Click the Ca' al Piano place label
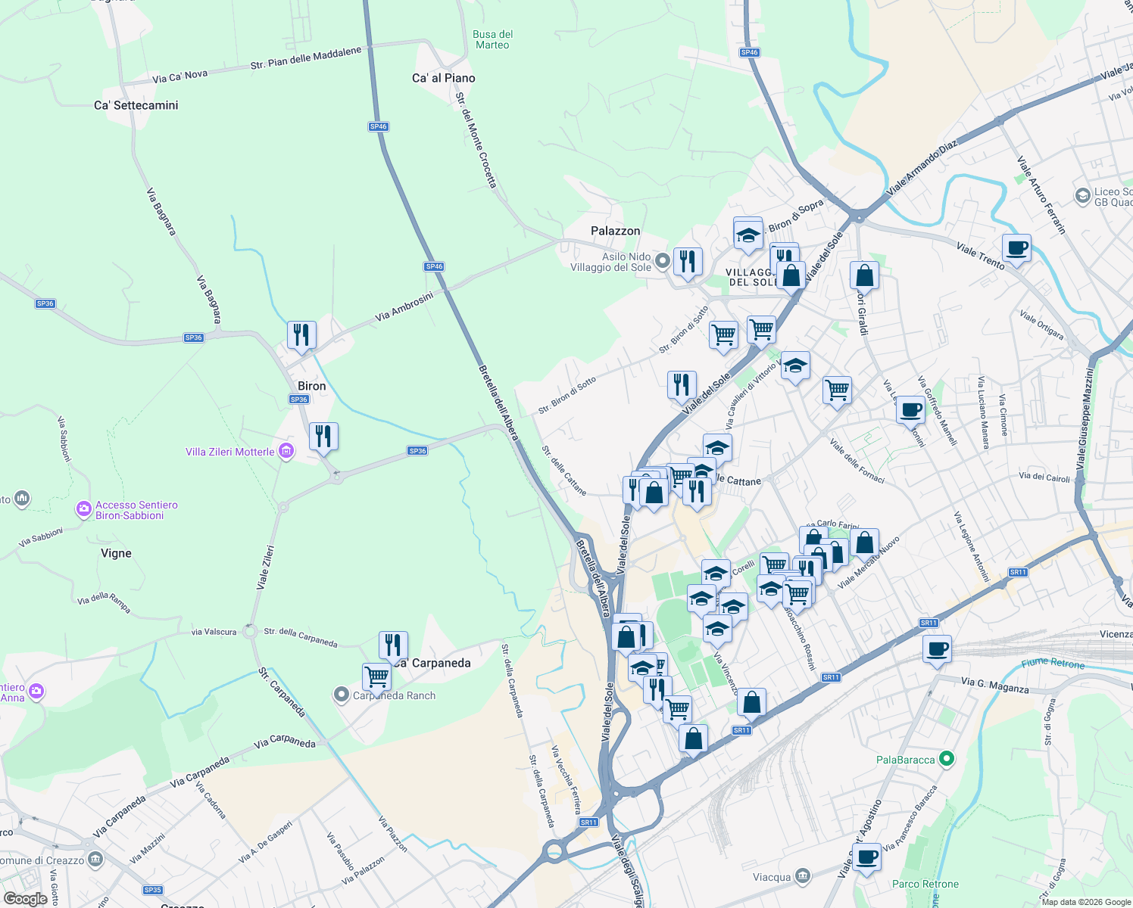444,78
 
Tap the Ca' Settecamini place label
136,105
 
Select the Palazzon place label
615,231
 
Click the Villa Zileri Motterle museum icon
286,452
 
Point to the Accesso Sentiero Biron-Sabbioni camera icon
83,509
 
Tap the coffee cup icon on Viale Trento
1016,247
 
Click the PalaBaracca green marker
946,758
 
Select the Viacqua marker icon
803,877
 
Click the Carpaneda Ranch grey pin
342,695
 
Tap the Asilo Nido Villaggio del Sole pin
663,261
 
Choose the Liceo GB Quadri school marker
1082,196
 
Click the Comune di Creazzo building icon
95,860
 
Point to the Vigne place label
116,553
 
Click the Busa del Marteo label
493,39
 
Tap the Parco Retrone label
925,884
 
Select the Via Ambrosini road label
404,306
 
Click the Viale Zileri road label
265,567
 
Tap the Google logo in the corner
26,898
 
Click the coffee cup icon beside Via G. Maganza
937,648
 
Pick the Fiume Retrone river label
1053,664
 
